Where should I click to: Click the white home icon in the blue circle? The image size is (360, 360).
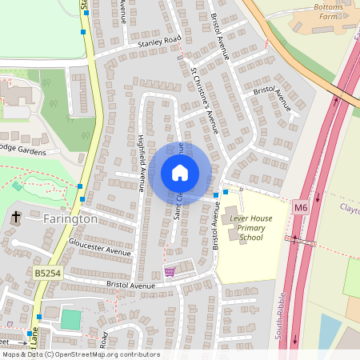coord(180,173)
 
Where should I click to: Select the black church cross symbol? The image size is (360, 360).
coord(15,216)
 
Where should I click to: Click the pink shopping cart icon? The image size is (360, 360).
coord(170,272)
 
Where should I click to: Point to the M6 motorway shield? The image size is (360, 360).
coord(300,208)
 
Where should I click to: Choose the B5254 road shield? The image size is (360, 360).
coord(47,274)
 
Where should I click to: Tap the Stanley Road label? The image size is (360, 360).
coord(159,39)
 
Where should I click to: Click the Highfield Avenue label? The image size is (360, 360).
coord(141,161)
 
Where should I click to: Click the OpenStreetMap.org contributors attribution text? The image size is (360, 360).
coord(106,354)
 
